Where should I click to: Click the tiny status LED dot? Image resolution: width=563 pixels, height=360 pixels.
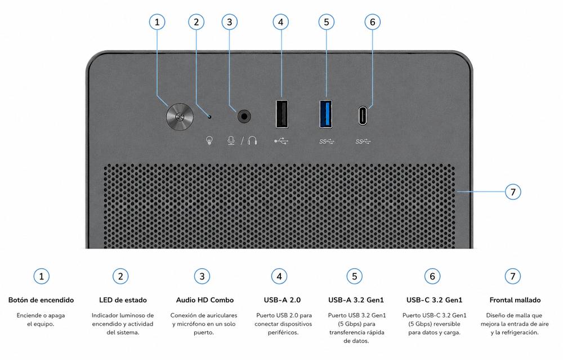coord(210,116)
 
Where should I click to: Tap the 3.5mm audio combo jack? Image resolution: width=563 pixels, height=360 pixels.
coord(244,117)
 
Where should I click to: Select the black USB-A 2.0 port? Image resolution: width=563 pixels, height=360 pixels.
coord(282,114)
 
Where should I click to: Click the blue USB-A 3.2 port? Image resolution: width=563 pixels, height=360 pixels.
coord(326,114)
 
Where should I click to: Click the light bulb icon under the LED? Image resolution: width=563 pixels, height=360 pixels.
coord(209,140)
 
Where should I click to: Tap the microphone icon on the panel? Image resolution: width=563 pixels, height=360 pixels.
coord(231,140)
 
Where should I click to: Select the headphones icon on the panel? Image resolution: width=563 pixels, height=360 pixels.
coord(252,140)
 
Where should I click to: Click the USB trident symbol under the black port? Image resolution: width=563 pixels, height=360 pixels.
coord(281,141)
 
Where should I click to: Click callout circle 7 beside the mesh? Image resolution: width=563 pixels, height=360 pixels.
coord(513,192)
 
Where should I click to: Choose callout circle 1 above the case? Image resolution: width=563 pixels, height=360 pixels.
coord(157,22)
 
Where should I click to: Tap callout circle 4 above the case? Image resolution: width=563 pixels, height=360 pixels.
coord(280,22)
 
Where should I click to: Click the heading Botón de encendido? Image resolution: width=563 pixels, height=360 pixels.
coord(41,300)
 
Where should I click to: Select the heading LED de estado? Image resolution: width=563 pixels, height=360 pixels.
coord(123,300)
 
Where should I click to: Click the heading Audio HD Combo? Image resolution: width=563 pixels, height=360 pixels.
coord(205,300)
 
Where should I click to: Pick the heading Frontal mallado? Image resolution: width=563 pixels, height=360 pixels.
coord(515,300)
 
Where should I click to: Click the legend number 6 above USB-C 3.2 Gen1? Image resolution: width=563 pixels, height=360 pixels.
coord(432,276)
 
